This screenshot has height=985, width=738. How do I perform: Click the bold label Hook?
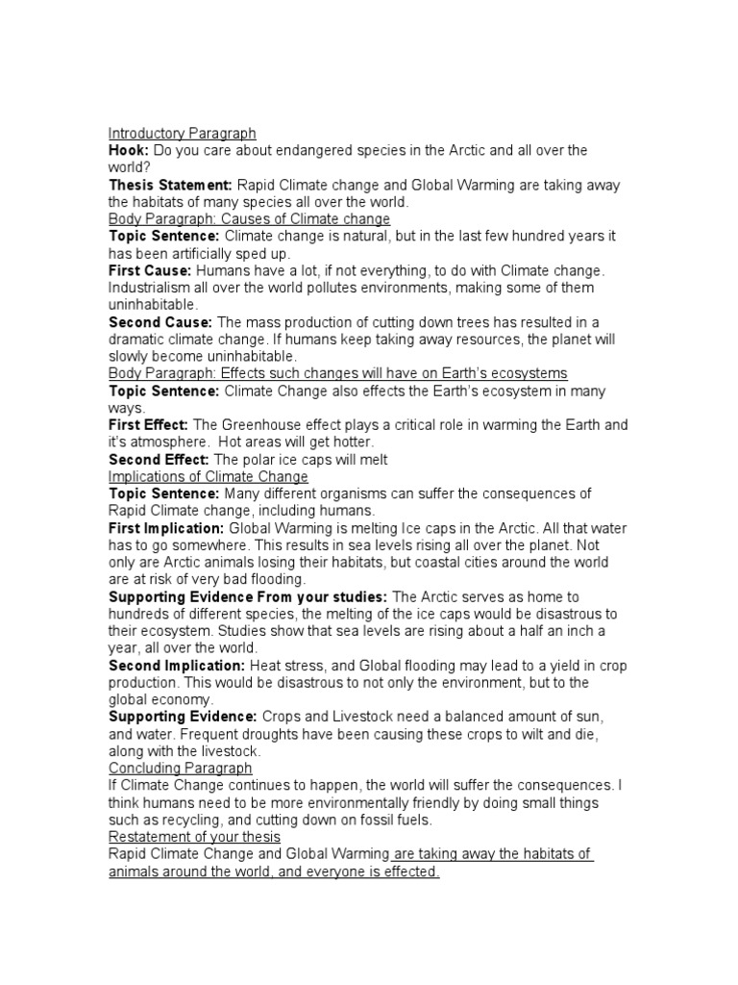[129, 151]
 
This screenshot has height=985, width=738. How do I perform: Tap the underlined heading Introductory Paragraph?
[183, 134]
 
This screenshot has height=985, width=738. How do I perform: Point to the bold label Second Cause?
[160, 322]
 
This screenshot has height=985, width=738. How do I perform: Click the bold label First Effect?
[149, 425]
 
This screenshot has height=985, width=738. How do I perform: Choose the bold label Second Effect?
[159, 460]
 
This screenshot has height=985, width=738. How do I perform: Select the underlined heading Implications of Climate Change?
[209, 477]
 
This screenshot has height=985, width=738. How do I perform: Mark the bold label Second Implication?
[177, 666]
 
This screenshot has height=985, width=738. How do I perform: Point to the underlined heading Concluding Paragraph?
[181, 769]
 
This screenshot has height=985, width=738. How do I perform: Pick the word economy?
[188, 700]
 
